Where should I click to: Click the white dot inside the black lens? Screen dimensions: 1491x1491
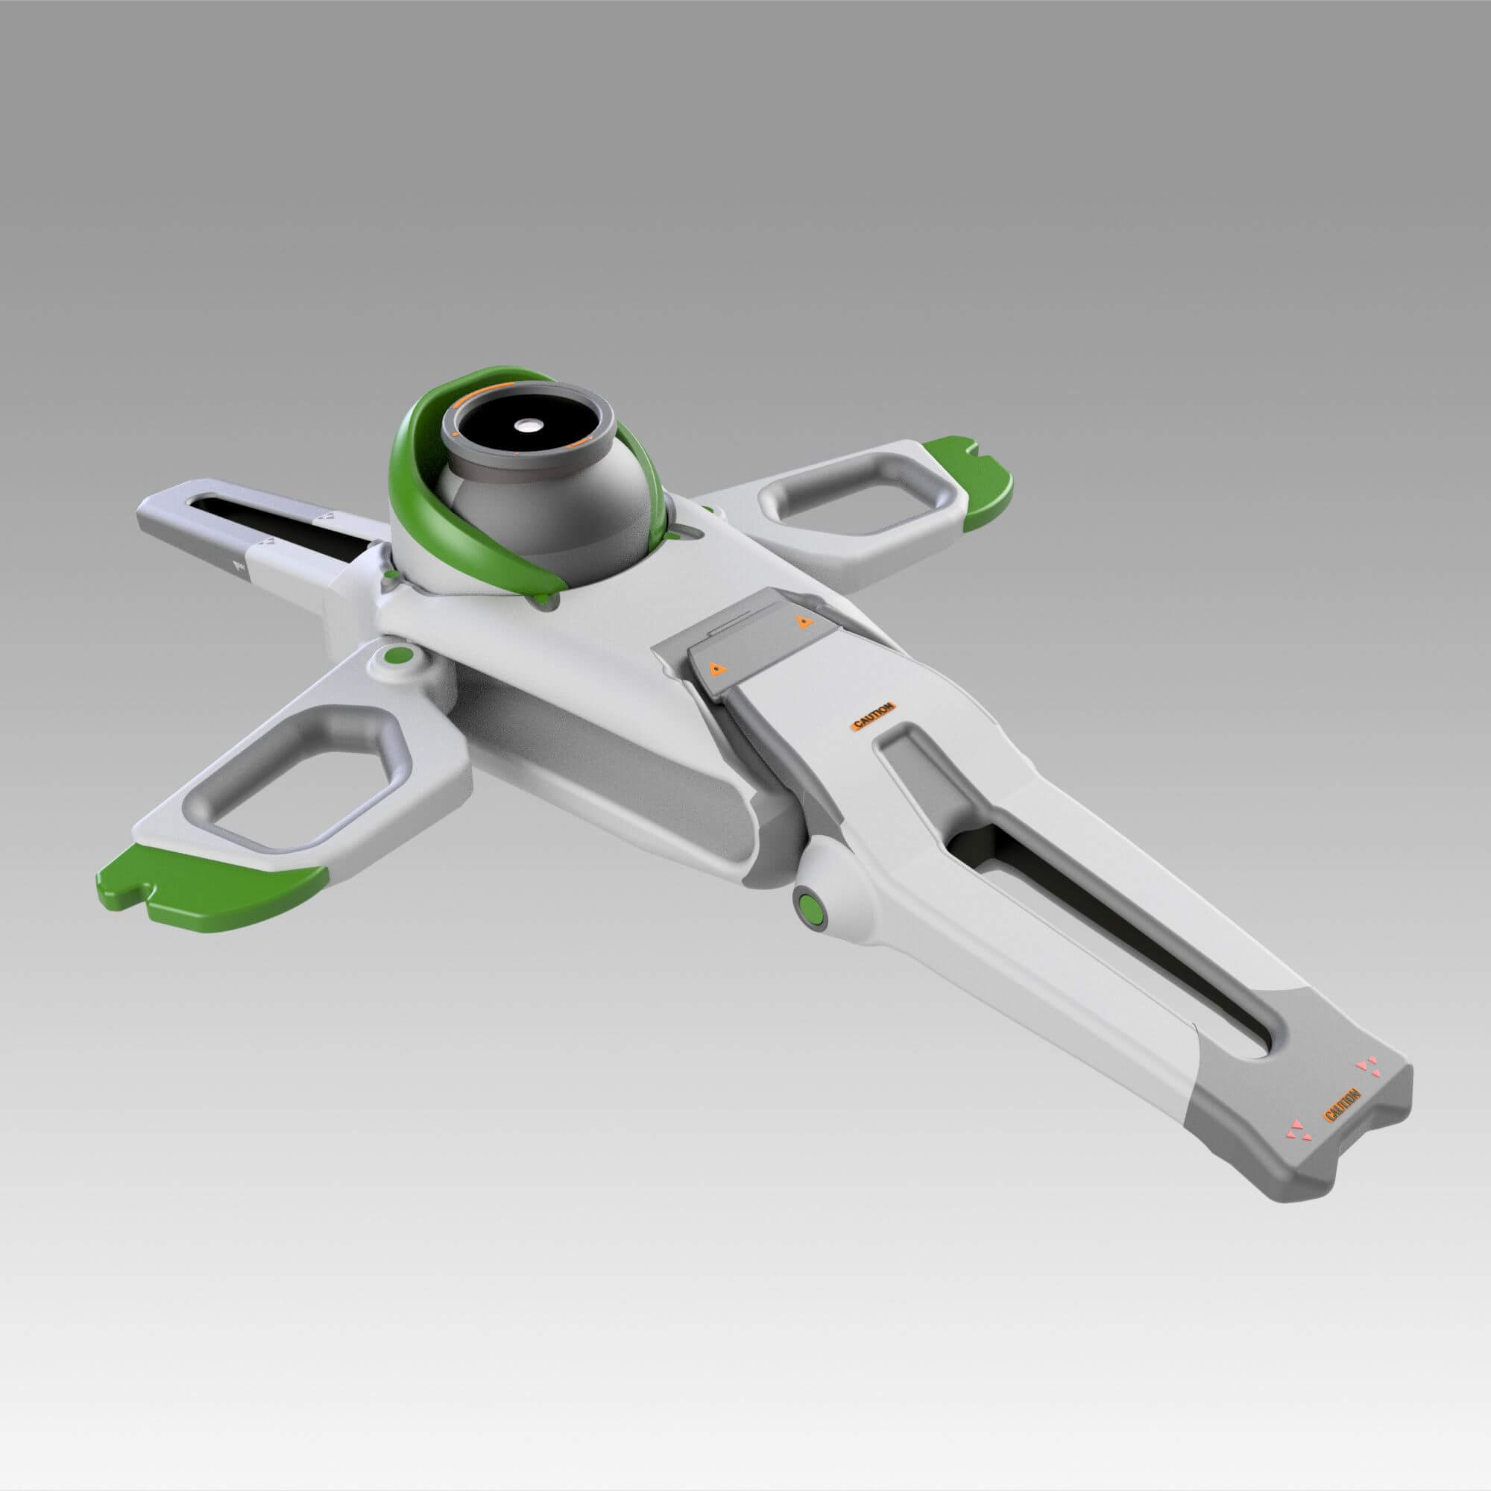pyautogui.click(x=528, y=425)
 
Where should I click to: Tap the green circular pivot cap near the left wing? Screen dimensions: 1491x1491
pyautogui.click(x=398, y=657)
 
